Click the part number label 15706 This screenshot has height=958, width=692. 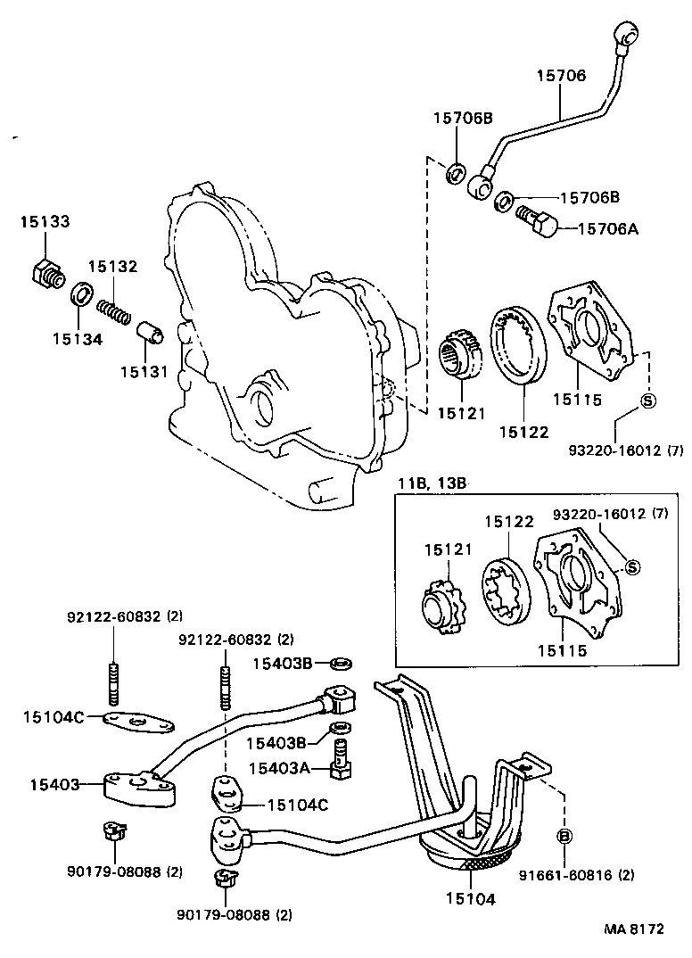click(x=561, y=77)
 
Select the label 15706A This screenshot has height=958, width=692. click(x=608, y=228)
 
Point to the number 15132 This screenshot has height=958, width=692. click(x=112, y=267)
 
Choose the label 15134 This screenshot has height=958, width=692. click(x=77, y=338)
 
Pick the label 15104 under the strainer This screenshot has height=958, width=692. click(x=469, y=899)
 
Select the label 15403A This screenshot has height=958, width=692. click(x=279, y=768)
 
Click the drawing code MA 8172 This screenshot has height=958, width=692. click(x=635, y=929)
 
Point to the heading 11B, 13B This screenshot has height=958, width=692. click(x=431, y=483)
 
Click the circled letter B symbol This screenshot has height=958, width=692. click(x=564, y=836)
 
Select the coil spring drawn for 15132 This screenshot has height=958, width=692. click(x=116, y=310)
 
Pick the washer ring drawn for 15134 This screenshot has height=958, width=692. click(x=82, y=294)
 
